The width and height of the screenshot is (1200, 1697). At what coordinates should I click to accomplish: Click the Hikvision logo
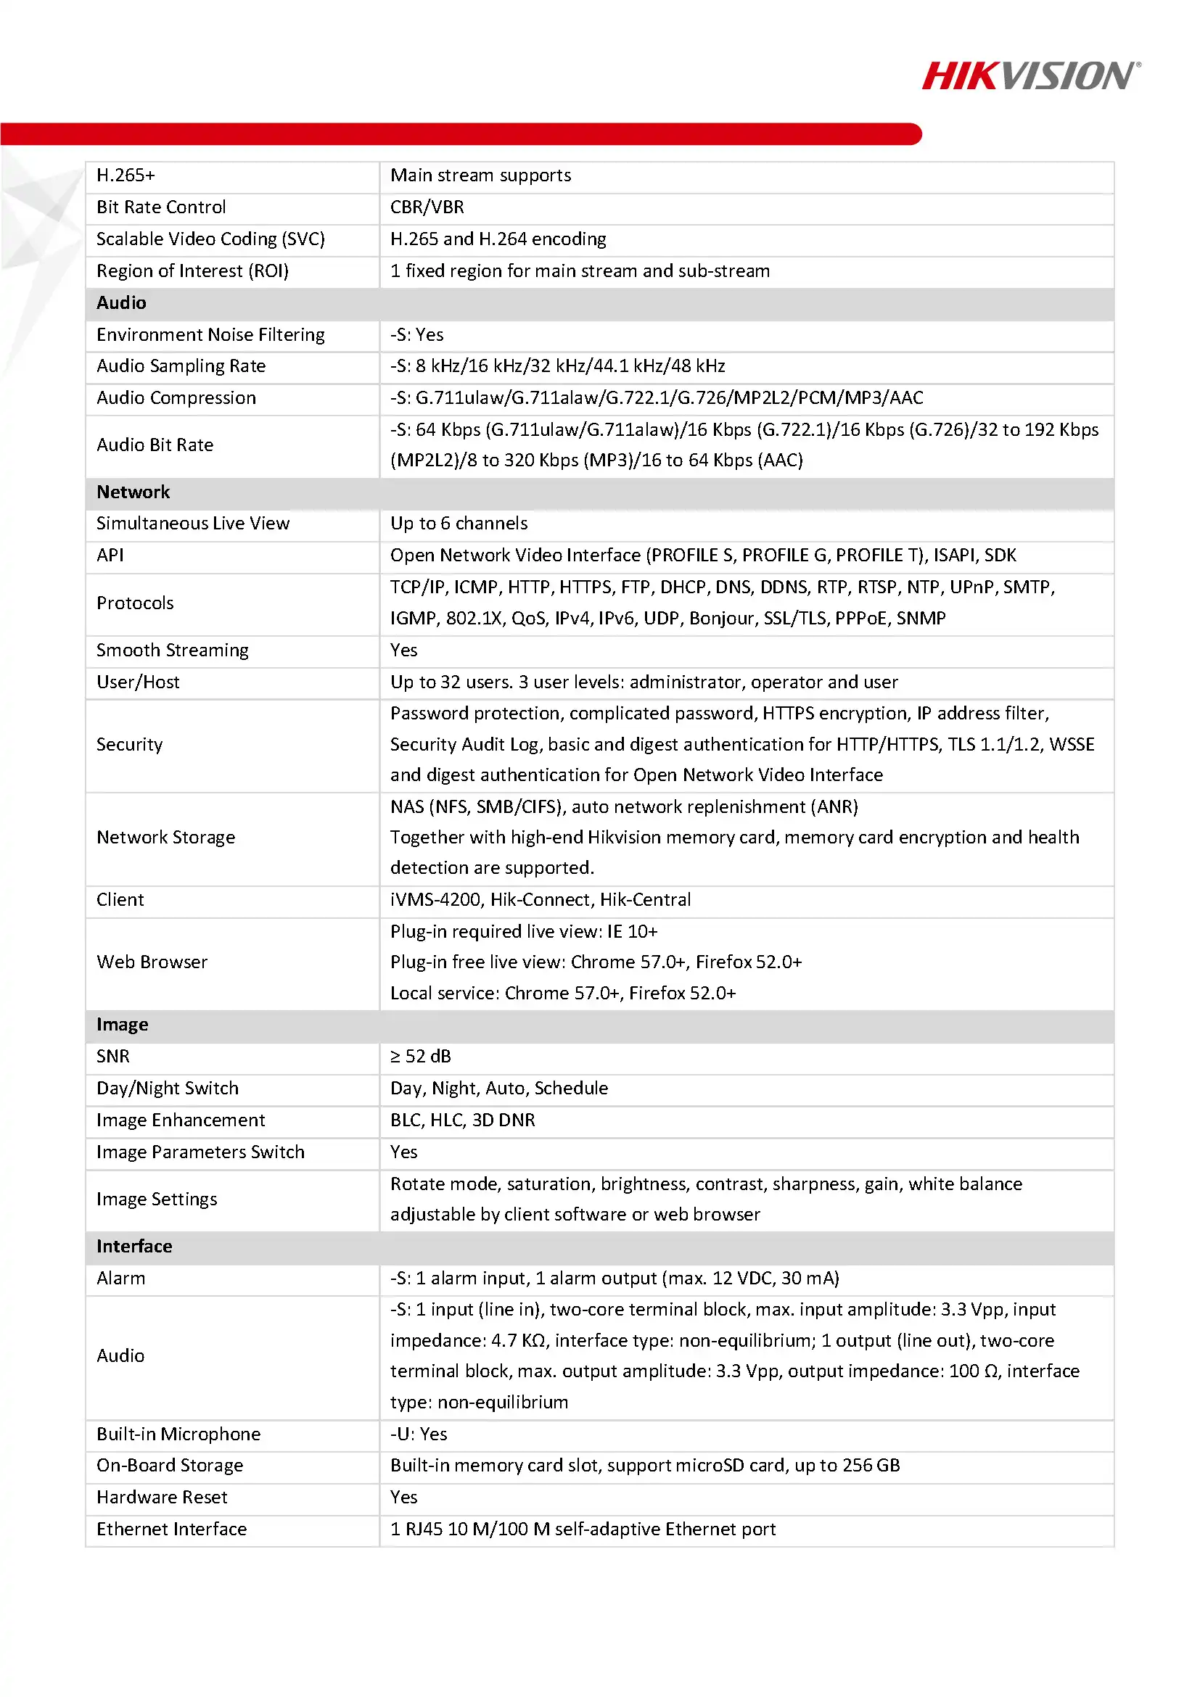click(x=1031, y=76)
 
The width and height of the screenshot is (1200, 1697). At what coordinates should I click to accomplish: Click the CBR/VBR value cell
click(x=427, y=207)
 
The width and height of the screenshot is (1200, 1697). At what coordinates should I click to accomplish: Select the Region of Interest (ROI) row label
click(x=192, y=271)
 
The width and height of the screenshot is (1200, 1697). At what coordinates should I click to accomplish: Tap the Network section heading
click(x=133, y=492)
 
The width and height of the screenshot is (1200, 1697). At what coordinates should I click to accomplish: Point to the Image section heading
click(x=122, y=1025)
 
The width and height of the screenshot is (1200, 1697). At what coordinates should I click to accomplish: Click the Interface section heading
click(x=133, y=1247)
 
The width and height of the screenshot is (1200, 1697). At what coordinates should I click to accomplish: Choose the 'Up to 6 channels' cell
click(x=459, y=524)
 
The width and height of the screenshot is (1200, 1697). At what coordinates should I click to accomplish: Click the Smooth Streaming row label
click(x=172, y=651)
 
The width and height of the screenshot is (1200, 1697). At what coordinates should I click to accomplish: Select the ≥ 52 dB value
click(x=421, y=1057)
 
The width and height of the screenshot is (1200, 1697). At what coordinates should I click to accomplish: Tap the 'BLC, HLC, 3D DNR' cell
click(x=463, y=1120)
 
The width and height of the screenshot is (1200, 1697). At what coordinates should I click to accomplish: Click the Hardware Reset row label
click(x=162, y=1498)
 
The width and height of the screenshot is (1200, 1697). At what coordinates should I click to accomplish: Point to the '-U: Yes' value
click(x=419, y=1434)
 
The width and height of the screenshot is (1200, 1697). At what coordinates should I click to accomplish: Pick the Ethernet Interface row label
click(x=171, y=1529)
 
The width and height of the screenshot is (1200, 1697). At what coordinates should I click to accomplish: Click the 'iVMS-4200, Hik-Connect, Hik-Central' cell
click(x=541, y=900)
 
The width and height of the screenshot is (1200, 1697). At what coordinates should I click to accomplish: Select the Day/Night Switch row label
click(x=167, y=1089)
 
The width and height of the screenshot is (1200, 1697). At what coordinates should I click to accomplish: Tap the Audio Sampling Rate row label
click(x=181, y=367)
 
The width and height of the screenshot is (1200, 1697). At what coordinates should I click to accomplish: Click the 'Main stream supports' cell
click(x=480, y=176)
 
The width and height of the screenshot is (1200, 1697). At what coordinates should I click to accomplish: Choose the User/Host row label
click(x=138, y=682)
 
